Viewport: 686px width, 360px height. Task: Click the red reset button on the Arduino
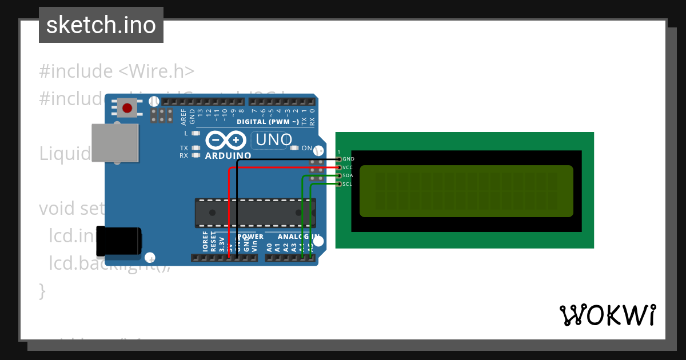point(127,107)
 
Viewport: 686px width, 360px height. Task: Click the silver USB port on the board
point(115,143)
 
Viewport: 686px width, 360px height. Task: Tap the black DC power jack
point(118,241)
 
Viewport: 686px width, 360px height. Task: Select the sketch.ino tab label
point(101,25)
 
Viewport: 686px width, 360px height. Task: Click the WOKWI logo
point(608,315)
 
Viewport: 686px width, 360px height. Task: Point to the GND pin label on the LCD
point(348,159)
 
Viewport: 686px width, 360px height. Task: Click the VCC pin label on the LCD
point(348,167)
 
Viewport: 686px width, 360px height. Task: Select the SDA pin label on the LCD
point(348,175)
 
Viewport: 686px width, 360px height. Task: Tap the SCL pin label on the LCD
point(348,184)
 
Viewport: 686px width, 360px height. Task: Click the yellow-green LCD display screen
point(466,191)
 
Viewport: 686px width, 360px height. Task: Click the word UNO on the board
point(273,139)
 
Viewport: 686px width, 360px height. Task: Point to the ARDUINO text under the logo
point(228,155)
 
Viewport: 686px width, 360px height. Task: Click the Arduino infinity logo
point(225,141)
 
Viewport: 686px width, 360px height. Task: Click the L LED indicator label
point(186,133)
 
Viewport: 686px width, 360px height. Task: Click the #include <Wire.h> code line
point(117,71)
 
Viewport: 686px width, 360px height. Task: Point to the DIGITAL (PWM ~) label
point(268,122)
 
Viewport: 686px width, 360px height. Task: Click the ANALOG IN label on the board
point(297,237)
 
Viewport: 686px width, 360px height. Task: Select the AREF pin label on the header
point(184,117)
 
